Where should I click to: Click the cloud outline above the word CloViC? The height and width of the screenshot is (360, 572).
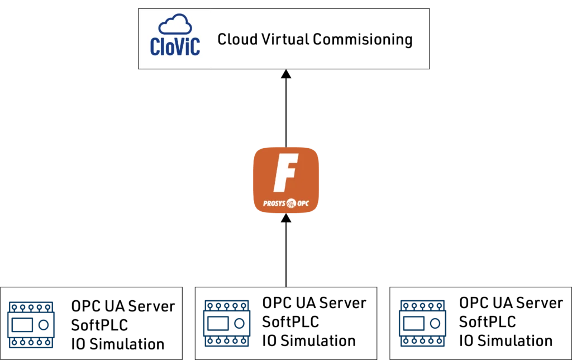coord(175,25)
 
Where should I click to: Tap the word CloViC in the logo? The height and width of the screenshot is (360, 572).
coord(175,47)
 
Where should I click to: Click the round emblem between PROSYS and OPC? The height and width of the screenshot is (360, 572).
coord(290,203)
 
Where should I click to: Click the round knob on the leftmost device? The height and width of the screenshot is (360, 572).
coord(42,324)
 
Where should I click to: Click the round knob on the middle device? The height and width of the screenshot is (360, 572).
coord(239,324)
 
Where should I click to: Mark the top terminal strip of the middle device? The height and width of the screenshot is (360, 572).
coord(226,307)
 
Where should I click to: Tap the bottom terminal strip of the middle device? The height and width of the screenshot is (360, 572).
coord(226,342)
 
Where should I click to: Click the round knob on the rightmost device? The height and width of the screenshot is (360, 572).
coord(436,324)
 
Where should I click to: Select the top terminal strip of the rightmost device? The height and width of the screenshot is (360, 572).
coord(422,307)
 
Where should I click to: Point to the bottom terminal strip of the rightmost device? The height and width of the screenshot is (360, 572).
coord(422,342)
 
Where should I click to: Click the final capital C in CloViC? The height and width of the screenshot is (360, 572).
coord(194,47)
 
